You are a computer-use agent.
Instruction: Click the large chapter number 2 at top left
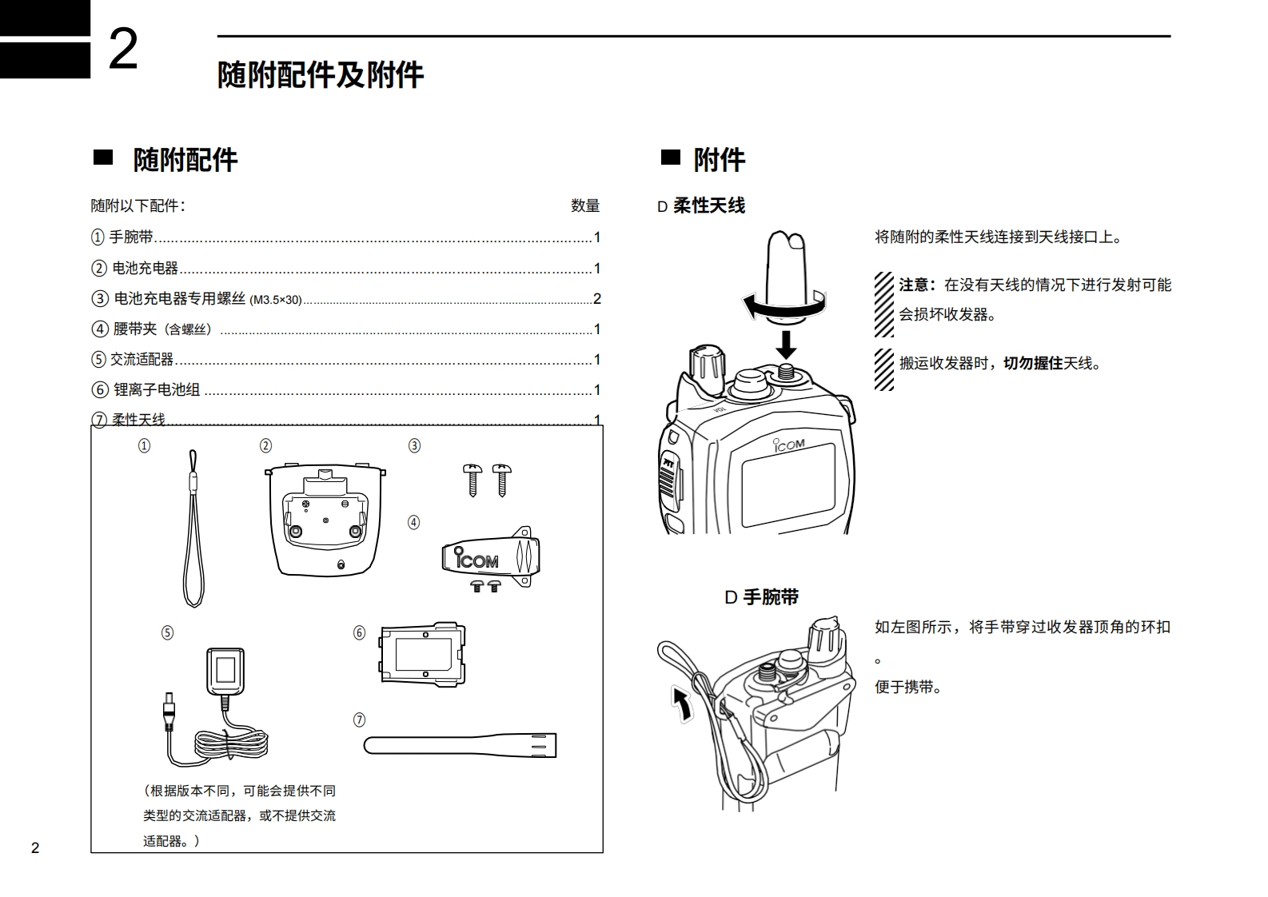click(123, 50)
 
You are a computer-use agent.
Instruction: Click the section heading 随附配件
click(185, 160)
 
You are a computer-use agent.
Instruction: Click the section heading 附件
click(719, 160)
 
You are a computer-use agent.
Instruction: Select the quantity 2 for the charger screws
click(596, 299)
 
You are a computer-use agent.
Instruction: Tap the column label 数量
click(585, 205)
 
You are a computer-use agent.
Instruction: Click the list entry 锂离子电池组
click(157, 390)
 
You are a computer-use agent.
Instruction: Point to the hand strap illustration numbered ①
click(193, 528)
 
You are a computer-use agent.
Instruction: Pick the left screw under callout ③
click(473, 479)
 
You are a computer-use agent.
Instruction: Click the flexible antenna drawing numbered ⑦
click(460, 745)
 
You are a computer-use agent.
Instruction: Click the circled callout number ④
click(413, 523)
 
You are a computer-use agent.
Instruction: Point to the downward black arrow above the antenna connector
click(787, 344)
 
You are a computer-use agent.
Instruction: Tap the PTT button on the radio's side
click(668, 476)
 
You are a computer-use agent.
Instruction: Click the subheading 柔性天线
click(709, 206)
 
